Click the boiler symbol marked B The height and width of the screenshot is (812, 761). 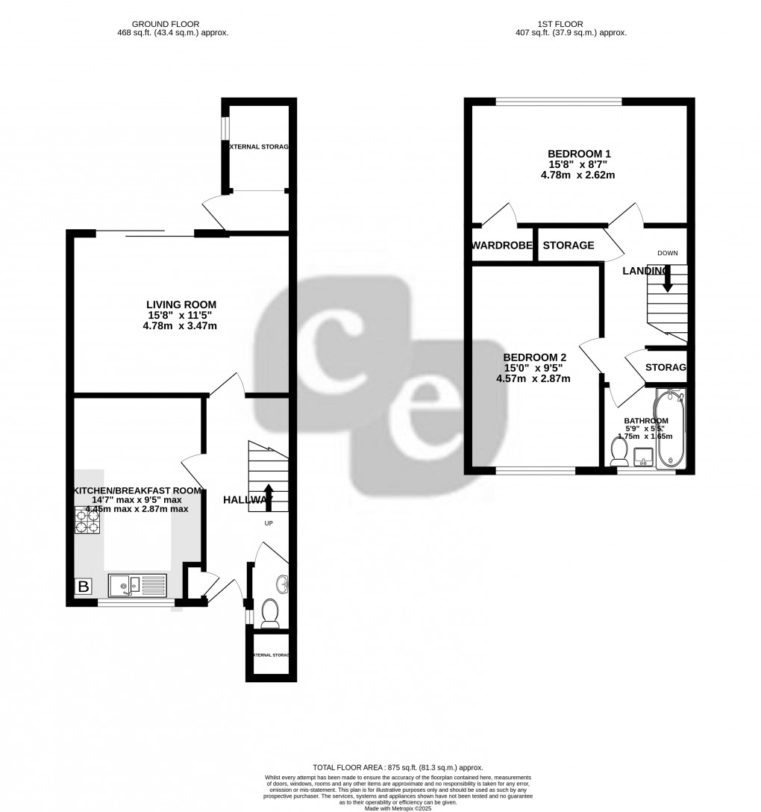coord(84,587)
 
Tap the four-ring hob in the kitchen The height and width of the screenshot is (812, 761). coord(88,520)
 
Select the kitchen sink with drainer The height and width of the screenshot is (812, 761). coord(138,586)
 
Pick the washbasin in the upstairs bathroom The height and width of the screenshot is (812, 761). coord(642,455)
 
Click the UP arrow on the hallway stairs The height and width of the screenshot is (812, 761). coord(269,497)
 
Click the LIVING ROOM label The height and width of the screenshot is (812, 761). coord(181,304)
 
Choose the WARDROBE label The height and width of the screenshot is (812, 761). coord(502,246)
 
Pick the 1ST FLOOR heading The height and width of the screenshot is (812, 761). coord(570,24)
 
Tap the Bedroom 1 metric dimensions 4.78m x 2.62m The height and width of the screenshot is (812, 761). coord(577,175)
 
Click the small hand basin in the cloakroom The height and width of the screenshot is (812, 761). coord(281,584)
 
